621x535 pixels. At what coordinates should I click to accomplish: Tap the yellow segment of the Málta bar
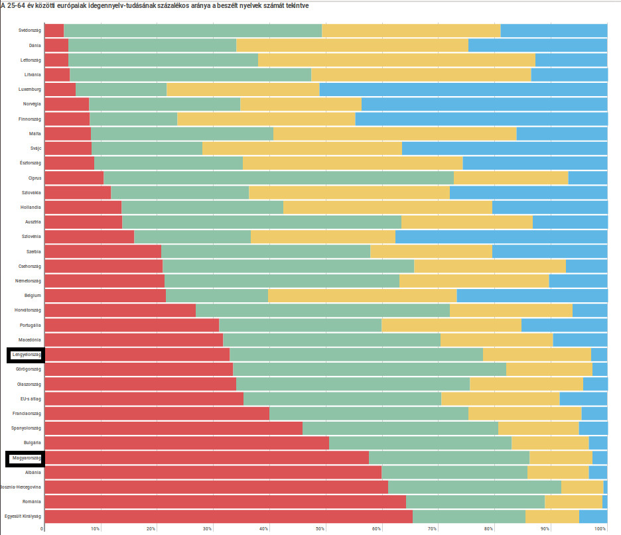click(394, 134)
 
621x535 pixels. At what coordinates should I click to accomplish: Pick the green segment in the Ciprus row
click(278, 178)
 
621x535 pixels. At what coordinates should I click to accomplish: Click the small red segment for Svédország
click(54, 30)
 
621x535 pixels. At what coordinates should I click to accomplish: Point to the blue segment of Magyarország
click(600, 457)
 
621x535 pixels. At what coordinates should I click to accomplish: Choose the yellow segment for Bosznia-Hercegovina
click(582, 487)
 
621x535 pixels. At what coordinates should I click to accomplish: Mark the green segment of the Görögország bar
click(369, 369)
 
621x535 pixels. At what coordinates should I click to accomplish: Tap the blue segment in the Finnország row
click(481, 119)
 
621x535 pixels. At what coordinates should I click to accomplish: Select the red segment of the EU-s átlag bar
click(143, 398)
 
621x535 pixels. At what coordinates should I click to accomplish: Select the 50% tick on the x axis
click(320, 528)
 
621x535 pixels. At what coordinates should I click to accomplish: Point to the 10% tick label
click(96, 528)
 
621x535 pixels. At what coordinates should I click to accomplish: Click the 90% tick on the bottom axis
click(545, 528)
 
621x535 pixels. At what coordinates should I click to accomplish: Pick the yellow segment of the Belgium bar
click(362, 295)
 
